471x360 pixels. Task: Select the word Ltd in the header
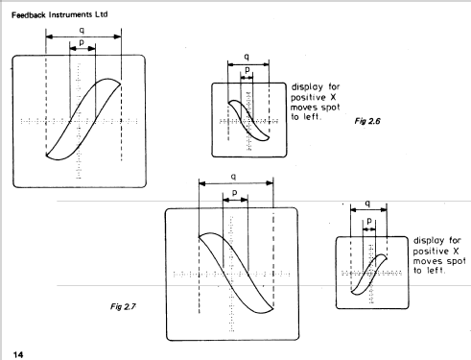point(101,14)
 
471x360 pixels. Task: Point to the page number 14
point(18,354)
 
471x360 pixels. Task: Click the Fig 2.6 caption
point(367,121)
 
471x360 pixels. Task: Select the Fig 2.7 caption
point(123,306)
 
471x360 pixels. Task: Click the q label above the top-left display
point(82,31)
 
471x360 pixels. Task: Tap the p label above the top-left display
point(82,42)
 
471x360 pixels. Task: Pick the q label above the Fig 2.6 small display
point(247,57)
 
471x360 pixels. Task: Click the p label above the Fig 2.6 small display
point(247,70)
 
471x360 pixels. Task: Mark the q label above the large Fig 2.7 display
point(234,177)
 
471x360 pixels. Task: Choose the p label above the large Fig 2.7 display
point(235,193)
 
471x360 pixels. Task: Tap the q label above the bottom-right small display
point(367,204)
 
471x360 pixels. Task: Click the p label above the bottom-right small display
point(369,221)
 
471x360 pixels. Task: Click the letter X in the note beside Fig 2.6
point(333,97)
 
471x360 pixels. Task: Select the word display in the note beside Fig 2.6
point(307,87)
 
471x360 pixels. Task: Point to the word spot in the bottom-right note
point(456,261)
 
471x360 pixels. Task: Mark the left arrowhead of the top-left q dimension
point(49,36)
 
